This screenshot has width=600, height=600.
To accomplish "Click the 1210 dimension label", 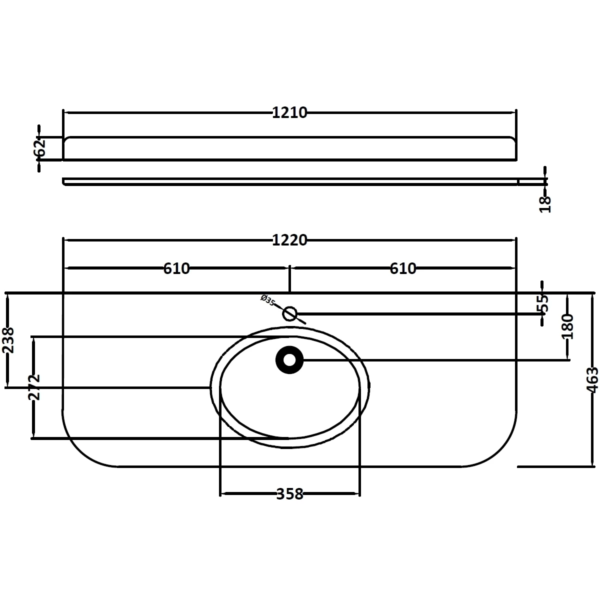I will click(289, 113).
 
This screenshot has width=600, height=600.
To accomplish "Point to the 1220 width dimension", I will click(289, 240).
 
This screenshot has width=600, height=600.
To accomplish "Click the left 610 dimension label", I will click(176, 268).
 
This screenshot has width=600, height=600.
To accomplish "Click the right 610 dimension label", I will click(402, 268).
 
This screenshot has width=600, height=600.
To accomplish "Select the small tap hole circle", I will click(290, 314).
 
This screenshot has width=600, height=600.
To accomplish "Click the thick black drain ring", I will click(289, 359).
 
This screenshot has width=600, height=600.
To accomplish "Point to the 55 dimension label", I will click(543, 303).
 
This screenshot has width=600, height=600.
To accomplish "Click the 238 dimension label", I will click(8, 340).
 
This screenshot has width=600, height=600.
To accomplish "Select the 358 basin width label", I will click(290, 494).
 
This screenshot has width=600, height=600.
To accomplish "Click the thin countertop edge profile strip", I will click(290, 181).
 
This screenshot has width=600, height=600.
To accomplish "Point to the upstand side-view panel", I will click(290, 148).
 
